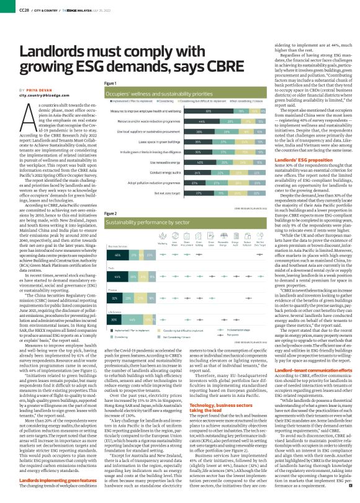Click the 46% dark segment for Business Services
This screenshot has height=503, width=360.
(118, 238)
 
